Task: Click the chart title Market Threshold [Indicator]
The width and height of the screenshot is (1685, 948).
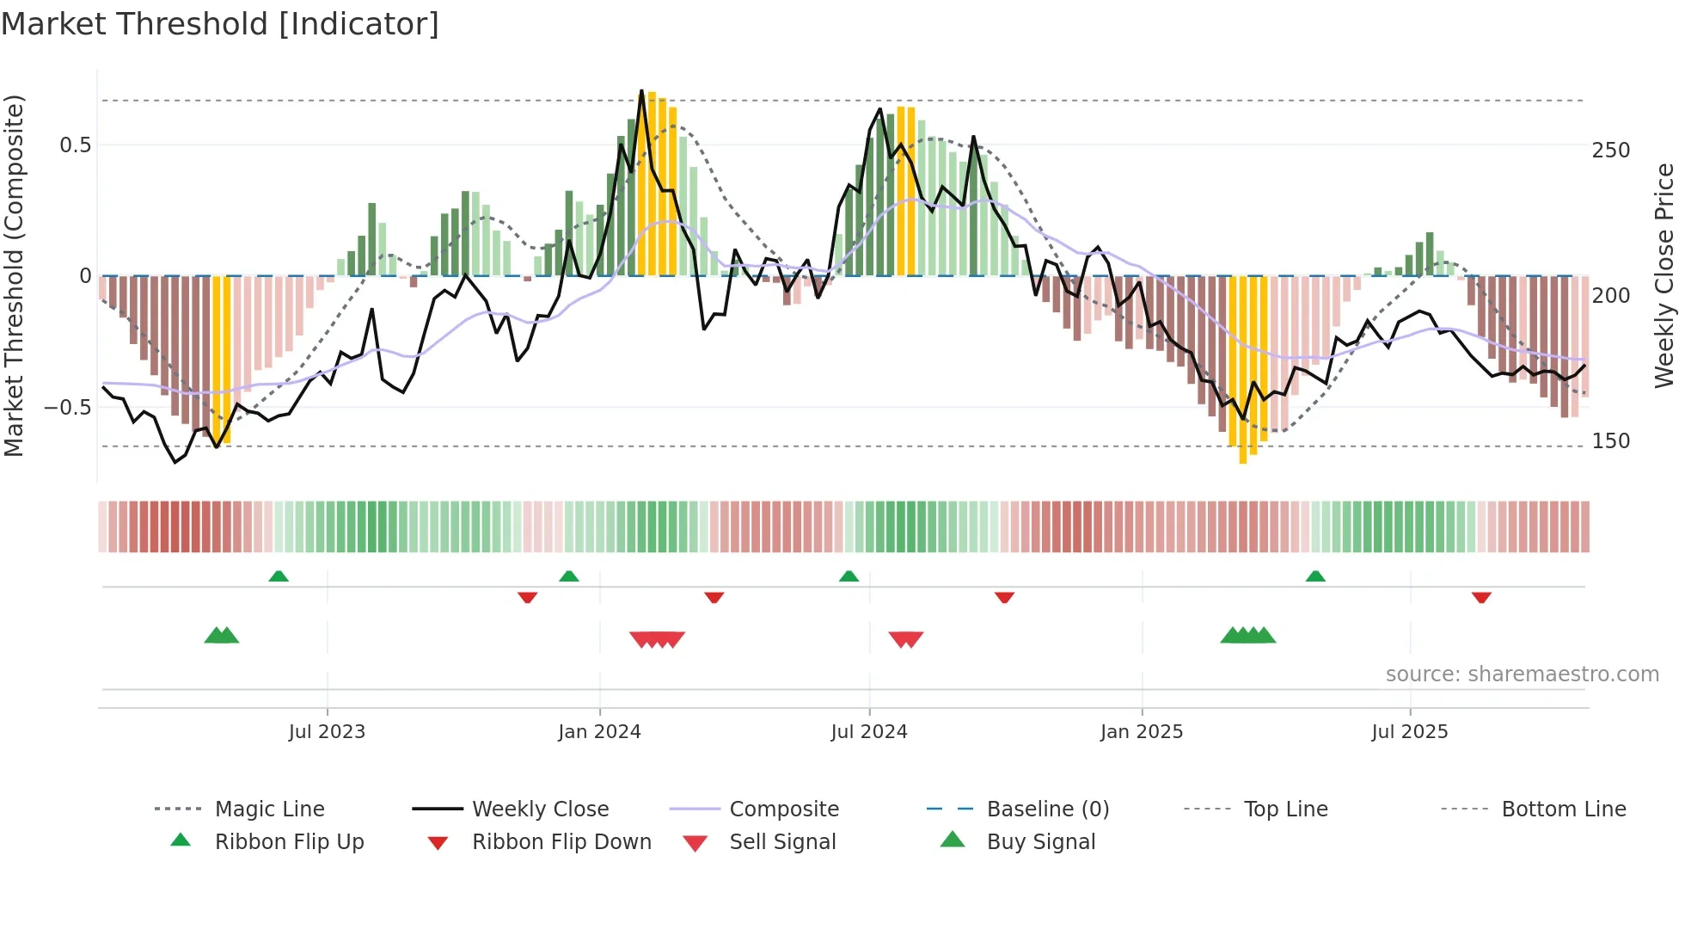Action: pyautogui.click(x=220, y=24)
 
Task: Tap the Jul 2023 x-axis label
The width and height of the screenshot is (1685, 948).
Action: pyautogui.click(x=327, y=732)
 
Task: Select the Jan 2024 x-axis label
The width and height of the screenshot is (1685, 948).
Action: pyautogui.click(x=599, y=732)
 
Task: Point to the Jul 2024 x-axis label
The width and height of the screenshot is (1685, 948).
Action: pyautogui.click(x=869, y=732)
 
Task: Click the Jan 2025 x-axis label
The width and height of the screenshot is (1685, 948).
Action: pyautogui.click(x=1142, y=732)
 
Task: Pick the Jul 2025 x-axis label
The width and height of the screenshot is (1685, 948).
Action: pyautogui.click(x=1410, y=732)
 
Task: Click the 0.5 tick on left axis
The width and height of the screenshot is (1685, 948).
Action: pyautogui.click(x=76, y=145)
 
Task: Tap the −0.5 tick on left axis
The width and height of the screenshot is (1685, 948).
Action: pyautogui.click(x=68, y=407)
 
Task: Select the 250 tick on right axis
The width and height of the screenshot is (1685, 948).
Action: pyautogui.click(x=1611, y=151)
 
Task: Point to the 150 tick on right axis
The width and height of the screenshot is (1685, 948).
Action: pyautogui.click(x=1611, y=441)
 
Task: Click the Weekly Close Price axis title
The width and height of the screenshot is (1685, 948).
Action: pyautogui.click(x=1665, y=275)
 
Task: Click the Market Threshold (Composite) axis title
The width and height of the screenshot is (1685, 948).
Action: pyautogui.click(x=14, y=275)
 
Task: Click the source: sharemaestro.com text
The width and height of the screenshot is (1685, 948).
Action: pyautogui.click(x=1522, y=674)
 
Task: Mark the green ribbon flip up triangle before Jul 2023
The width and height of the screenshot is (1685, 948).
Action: pyautogui.click(x=279, y=576)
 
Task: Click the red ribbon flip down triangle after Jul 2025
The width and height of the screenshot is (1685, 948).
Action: pyautogui.click(x=1481, y=597)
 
